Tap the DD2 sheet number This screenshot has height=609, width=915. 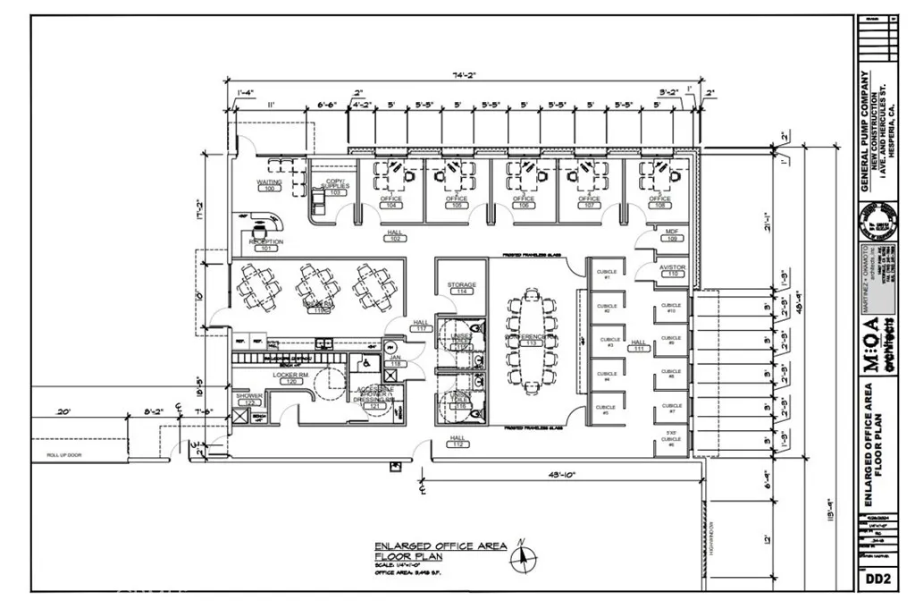coord(878,579)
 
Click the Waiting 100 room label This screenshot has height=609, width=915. coord(269,185)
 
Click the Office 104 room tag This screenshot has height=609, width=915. coord(390,202)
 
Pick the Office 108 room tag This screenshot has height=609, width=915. coord(659,202)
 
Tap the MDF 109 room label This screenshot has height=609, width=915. coord(673,235)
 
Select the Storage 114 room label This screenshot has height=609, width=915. coord(461,288)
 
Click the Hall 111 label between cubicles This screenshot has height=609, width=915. coord(638,344)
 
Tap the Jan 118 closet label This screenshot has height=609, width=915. coord(395,361)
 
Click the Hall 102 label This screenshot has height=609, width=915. coord(395,235)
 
